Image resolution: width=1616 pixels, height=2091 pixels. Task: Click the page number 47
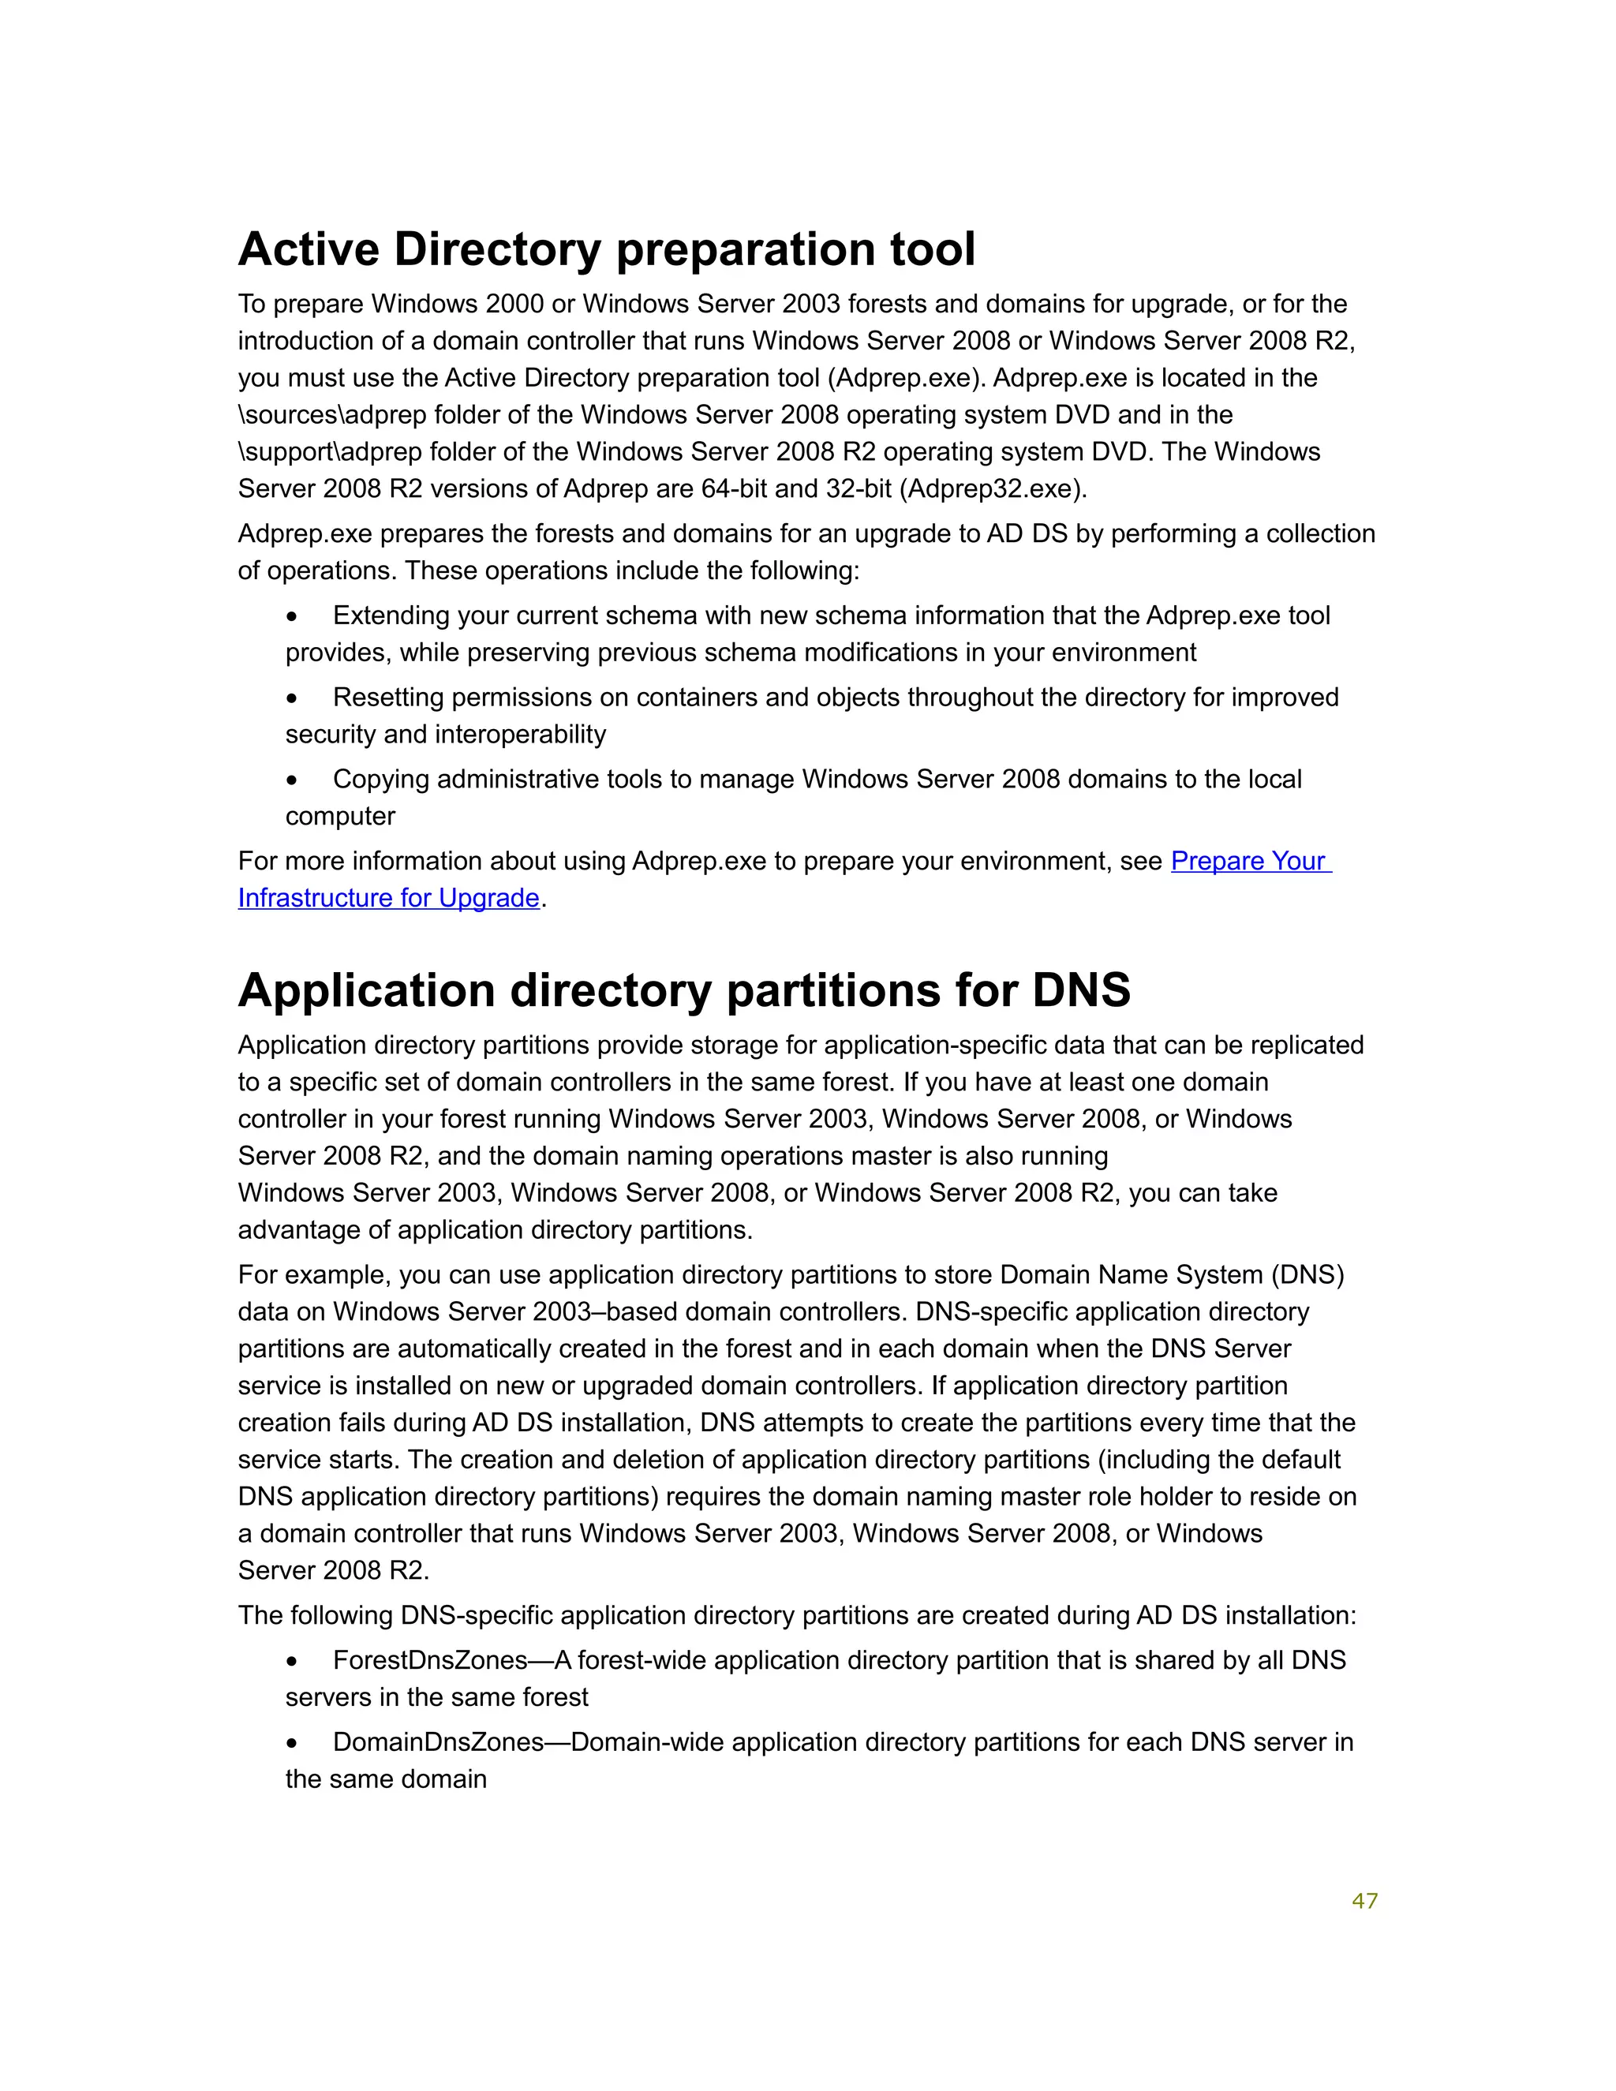pos(1364,1901)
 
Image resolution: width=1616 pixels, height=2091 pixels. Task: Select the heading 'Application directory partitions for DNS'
pos(683,990)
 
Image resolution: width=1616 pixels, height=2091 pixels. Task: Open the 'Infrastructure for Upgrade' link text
pos(389,898)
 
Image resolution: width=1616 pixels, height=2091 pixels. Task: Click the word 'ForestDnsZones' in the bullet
pos(430,1660)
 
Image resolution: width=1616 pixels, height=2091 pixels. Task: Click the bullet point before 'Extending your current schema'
pos(292,616)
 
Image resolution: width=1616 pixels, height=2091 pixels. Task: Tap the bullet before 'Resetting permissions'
pos(292,699)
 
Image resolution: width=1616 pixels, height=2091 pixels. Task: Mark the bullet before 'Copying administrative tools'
pos(292,780)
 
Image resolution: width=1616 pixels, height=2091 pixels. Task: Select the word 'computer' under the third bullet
pos(340,816)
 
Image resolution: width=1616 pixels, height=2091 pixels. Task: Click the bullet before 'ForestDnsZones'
pos(292,1661)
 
